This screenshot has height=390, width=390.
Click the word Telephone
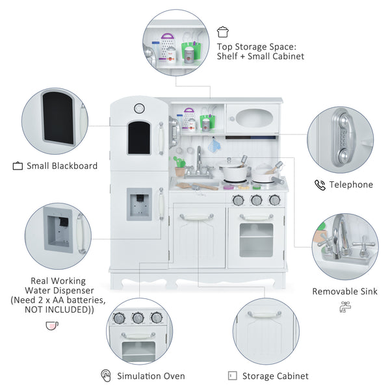point(351,185)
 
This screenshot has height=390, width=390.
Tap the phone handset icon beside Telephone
point(320,185)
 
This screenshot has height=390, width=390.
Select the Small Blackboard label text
point(62,166)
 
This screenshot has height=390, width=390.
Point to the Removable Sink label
point(344,291)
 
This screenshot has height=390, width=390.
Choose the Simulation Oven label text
point(151,376)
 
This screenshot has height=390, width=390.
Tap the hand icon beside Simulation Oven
point(106,376)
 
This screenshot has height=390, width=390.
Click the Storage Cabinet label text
point(275,376)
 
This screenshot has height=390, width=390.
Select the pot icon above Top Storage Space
point(223,31)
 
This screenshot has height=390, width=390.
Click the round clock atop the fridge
point(138,108)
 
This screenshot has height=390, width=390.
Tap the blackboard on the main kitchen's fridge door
point(138,137)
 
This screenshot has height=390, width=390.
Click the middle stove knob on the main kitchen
point(256,200)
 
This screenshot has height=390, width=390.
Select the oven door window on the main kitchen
point(256,239)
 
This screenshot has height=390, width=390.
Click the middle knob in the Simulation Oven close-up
point(137,318)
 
